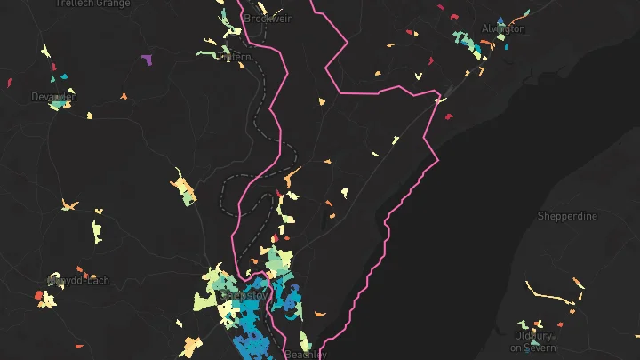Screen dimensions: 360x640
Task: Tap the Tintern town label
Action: tap(236, 57)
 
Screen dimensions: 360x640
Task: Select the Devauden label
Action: tap(53, 97)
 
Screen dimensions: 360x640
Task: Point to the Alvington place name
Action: tap(503, 28)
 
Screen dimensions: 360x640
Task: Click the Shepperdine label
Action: tap(567, 216)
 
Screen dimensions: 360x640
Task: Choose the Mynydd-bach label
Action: tap(79, 281)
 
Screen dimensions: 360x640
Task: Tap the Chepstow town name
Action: tap(244, 295)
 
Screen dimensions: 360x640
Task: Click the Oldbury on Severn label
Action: tap(534, 342)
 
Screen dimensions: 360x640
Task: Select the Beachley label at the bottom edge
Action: tap(306, 355)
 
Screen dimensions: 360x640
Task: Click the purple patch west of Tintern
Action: tap(147, 60)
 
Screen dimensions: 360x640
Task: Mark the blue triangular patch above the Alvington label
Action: tap(500, 20)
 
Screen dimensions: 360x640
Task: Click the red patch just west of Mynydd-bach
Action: tap(39, 294)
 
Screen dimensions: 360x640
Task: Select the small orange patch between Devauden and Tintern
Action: tap(124, 95)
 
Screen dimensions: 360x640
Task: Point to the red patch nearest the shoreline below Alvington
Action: tap(449, 116)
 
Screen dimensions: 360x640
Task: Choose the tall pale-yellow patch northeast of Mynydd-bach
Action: tap(99, 230)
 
